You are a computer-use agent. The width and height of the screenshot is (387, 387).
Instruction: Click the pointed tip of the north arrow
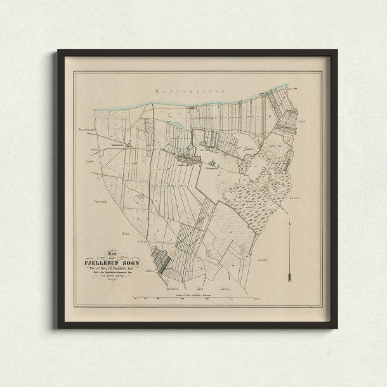[x=289, y=223]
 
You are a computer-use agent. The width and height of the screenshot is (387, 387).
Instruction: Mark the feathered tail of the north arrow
[x=289, y=278]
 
